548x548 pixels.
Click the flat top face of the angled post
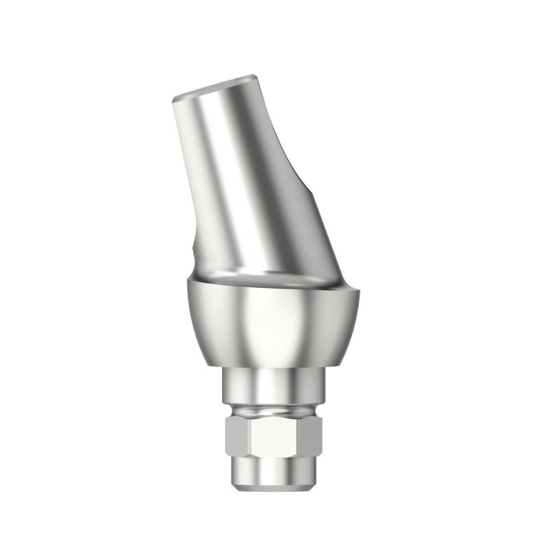pos(216,87)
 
